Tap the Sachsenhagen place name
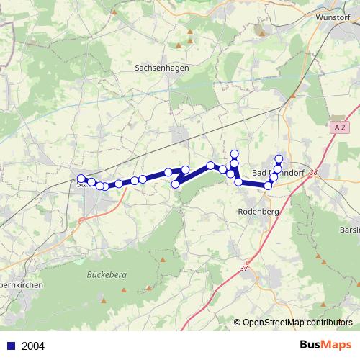point(156,68)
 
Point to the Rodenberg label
point(256,212)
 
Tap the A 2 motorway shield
point(340,126)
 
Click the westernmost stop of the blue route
point(81,179)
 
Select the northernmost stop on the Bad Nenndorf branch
point(279,158)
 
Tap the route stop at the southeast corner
point(269,186)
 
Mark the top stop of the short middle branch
point(234,153)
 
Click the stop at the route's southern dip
point(175,185)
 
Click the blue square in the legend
point(10,346)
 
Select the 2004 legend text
point(33,346)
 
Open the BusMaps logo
point(325,345)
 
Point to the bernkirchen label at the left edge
point(22,285)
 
